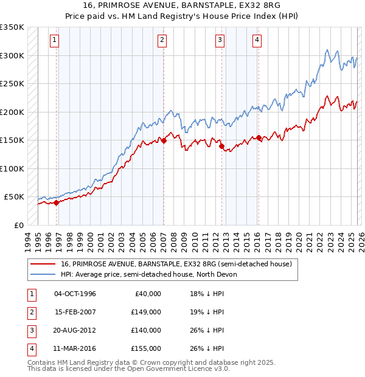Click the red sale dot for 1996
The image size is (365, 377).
56,203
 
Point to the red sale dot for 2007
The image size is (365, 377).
164,140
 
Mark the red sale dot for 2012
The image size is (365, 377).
221,146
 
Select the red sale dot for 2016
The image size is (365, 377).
259,137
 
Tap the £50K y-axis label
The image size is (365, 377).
15,197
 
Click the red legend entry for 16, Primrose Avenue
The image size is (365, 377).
176,264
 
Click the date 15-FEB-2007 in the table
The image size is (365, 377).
75,312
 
